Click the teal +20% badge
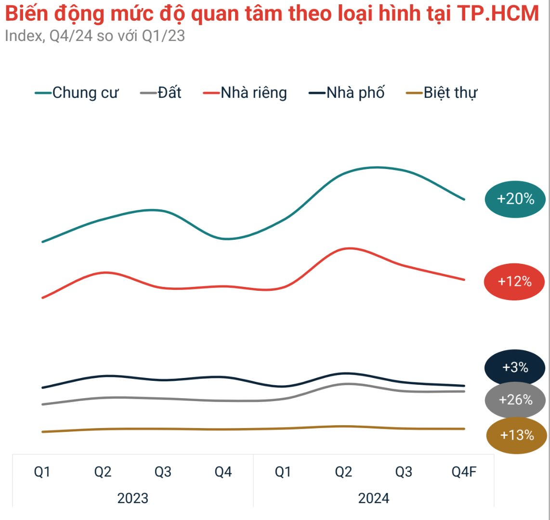(515, 199)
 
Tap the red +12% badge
(514, 282)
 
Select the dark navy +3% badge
(515, 368)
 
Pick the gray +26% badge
(515, 400)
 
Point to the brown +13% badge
(517, 435)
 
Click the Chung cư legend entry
(77, 92)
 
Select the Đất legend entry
(161, 92)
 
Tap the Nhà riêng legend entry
(245, 92)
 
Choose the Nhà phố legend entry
(346, 92)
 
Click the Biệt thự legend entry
(441, 92)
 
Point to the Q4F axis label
(464, 472)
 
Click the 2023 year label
(133, 498)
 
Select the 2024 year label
(373, 498)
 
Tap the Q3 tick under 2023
(163, 472)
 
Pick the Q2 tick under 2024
(343, 472)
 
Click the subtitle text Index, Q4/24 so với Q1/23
(95, 36)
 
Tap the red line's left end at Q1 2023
(43, 298)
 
